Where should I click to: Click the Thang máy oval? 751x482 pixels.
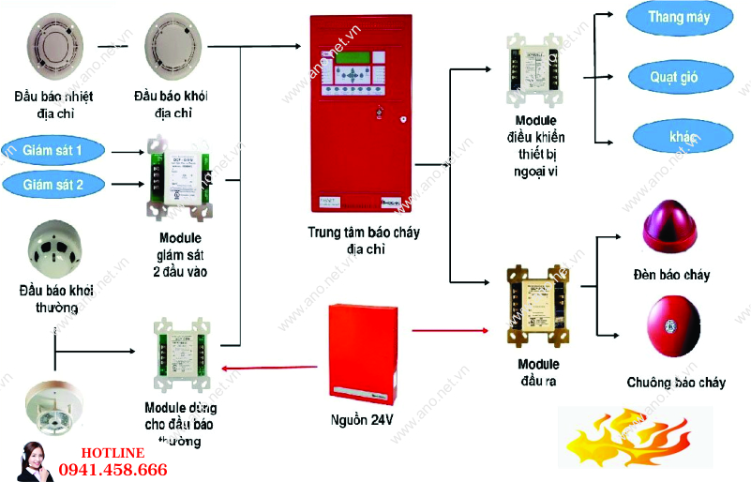(679, 17)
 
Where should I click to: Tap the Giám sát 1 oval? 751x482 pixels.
(53, 149)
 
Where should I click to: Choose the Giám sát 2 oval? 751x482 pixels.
(53, 185)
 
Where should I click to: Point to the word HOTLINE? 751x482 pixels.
(112, 453)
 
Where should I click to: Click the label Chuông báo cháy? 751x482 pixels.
(676, 383)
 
